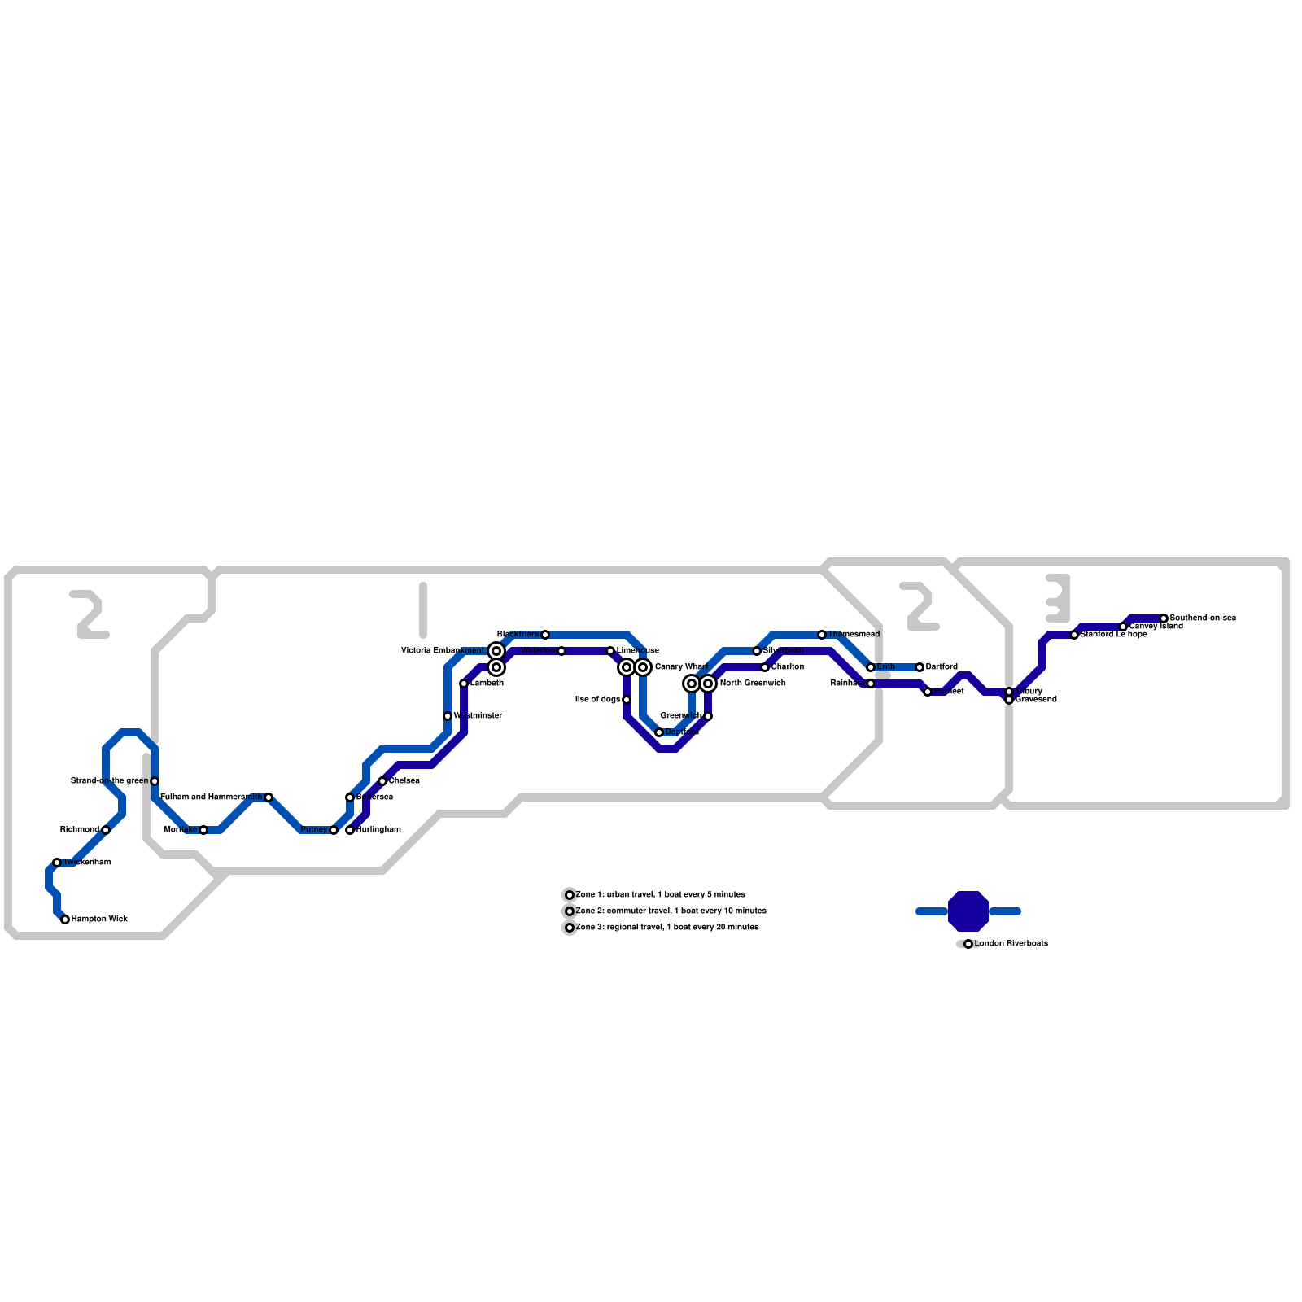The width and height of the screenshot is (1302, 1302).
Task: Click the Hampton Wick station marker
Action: point(65,920)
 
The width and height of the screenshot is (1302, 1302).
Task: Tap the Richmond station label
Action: point(80,830)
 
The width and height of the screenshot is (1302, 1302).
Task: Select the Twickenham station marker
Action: point(57,863)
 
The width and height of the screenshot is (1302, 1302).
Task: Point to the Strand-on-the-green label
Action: point(109,781)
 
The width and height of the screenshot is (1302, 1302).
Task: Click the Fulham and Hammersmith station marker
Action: point(269,797)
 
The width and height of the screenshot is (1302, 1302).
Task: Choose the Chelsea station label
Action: point(404,781)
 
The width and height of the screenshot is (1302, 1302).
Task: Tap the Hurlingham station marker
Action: point(350,830)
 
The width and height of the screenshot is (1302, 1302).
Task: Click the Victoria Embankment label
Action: point(443,651)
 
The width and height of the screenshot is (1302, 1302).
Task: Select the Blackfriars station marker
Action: point(545,635)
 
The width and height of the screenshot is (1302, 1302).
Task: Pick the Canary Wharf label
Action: point(681,667)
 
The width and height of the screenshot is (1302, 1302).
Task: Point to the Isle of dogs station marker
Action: point(627,700)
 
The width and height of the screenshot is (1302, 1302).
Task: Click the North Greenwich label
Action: point(753,684)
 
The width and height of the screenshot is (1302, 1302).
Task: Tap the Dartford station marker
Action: point(920,667)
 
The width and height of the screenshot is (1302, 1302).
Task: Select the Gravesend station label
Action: point(1036,700)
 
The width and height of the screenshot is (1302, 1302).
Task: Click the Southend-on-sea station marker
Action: point(1164,618)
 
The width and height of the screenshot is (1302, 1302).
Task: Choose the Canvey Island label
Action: point(1156,627)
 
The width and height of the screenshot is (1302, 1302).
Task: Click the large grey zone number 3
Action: point(1058,598)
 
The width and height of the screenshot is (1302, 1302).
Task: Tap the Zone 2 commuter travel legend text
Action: point(671,911)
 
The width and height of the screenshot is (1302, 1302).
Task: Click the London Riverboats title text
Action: point(1011,944)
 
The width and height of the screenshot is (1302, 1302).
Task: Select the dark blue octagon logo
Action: point(968,911)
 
